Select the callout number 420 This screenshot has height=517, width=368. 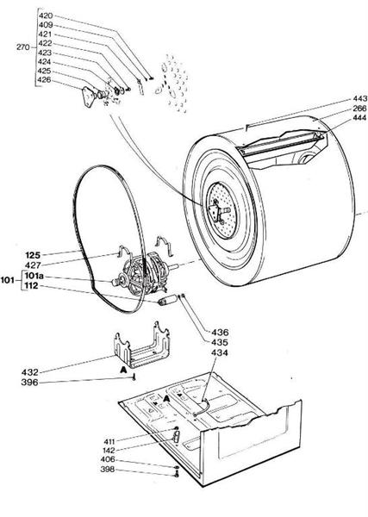pos(47,16)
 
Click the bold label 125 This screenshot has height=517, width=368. pos(34,254)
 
